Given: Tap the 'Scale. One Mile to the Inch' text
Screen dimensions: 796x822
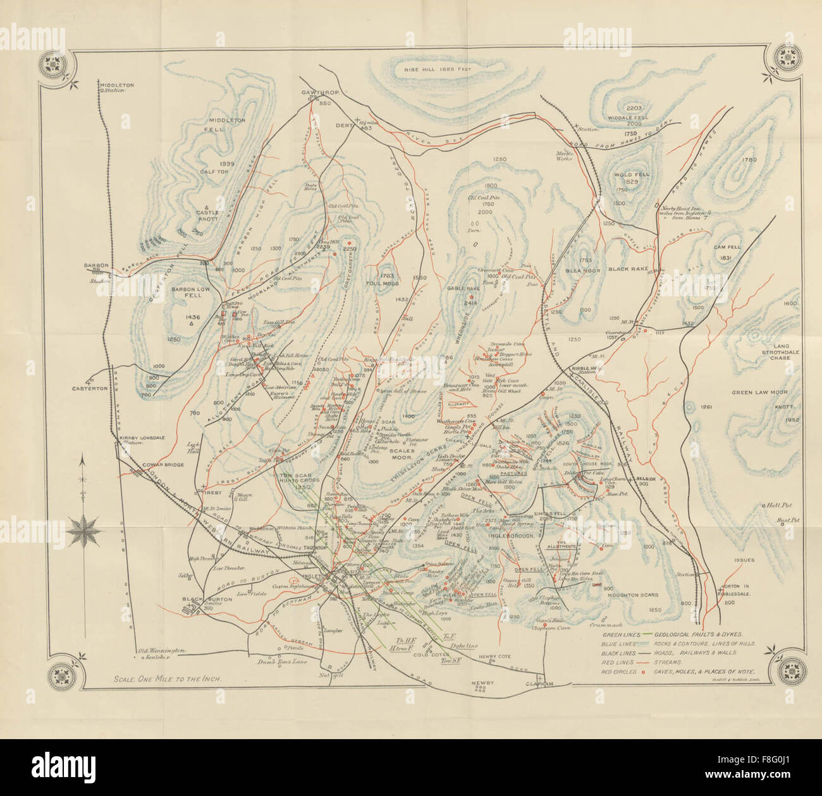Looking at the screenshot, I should [171, 680].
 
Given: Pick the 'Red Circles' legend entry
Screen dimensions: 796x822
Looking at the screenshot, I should [623, 672].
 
